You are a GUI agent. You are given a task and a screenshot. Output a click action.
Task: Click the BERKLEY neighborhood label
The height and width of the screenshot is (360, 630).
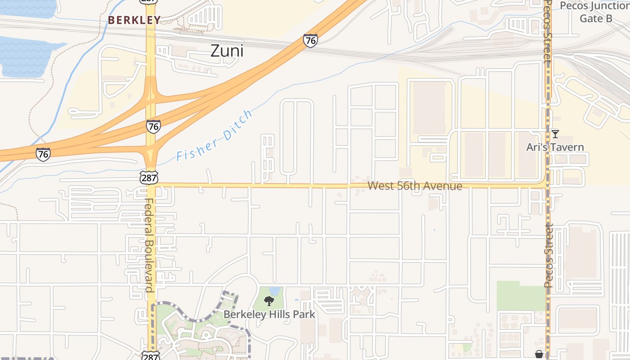click(134, 20)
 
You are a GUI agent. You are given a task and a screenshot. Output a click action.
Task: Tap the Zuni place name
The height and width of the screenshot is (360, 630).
click(227, 51)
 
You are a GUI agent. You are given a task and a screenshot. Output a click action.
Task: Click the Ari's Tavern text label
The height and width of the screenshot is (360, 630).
click(555, 147)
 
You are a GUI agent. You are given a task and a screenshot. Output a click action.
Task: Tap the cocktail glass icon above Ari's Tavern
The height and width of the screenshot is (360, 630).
click(555, 134)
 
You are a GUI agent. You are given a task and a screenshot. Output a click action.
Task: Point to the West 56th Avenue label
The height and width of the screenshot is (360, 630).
click(414, 186)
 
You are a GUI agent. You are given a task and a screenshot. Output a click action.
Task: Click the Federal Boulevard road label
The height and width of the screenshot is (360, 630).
click(149, 245)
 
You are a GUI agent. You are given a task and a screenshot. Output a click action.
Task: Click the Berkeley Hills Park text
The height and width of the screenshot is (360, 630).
click(269, 314)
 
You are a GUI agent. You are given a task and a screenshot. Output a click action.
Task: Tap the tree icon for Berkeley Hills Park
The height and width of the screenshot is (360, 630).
click(269, 301)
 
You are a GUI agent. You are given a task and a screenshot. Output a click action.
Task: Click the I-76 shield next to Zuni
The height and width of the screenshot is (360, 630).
click(310, 40)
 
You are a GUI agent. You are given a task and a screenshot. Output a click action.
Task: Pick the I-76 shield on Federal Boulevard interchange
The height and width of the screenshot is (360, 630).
click(153, 126)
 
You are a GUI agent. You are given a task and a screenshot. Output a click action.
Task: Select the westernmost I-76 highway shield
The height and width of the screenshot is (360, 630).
click(43, 154)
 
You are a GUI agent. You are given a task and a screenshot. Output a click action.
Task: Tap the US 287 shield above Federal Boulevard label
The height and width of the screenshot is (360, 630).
click(149, 177)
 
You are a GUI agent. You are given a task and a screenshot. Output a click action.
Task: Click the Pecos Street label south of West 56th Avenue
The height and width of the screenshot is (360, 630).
click(549, 255)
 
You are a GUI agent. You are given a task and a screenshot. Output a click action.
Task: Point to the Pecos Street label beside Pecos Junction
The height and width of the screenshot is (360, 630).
click(547, 31)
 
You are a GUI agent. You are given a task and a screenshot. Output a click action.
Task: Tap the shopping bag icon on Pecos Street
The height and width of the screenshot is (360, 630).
click(539, 355)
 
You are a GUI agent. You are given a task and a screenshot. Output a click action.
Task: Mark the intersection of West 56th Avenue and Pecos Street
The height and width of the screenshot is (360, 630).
click(548, 185)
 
